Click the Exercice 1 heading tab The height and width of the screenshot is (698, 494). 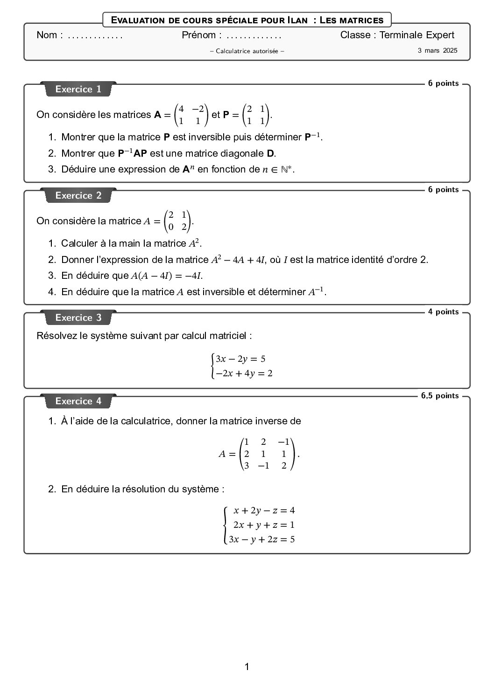tap(78, 89)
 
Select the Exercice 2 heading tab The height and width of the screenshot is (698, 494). tap(78, 195)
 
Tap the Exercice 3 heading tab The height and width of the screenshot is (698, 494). tap(78, 318)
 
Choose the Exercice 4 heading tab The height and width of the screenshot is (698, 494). tap(78, 401)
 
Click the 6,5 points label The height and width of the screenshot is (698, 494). tap(440, 396)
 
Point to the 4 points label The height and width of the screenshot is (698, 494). tap(443, 312)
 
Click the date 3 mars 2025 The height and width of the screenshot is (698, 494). tap(438, 50)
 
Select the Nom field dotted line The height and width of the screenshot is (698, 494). tap(95, 35)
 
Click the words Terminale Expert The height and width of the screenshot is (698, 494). tap(416, 35)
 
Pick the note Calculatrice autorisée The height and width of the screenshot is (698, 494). tap(247, 51)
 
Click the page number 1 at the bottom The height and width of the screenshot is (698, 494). tap(247, 667)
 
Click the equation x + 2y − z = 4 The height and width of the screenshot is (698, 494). tap(264, 511)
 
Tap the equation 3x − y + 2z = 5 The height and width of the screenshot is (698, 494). tap(261, 539)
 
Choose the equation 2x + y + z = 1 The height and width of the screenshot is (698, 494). tap(264, 525)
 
